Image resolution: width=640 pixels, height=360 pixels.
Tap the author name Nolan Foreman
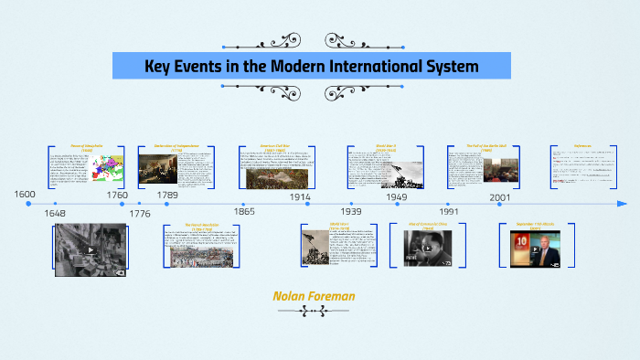pyautogui.click(x=313, y=296)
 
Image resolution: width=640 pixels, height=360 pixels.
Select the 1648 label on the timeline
pyautogui.click(x=56, y=213)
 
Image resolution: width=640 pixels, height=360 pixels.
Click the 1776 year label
pyautogui.click(x=140, y=213)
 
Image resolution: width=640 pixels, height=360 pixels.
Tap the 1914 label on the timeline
pyautogui.click(x=300, y=196)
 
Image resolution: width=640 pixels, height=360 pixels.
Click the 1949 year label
pyautogui.click(x=396, y=196)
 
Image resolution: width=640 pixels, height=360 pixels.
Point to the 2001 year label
pyautogui.click(x=500, y=196)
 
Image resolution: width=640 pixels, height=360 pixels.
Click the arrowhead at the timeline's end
pyautogui.click(x=622, y=204)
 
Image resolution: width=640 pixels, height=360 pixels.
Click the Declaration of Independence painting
pyautogui.click(x=155, y=168)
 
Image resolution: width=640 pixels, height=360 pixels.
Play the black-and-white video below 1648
pyautogui.click(x=90, y=249)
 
